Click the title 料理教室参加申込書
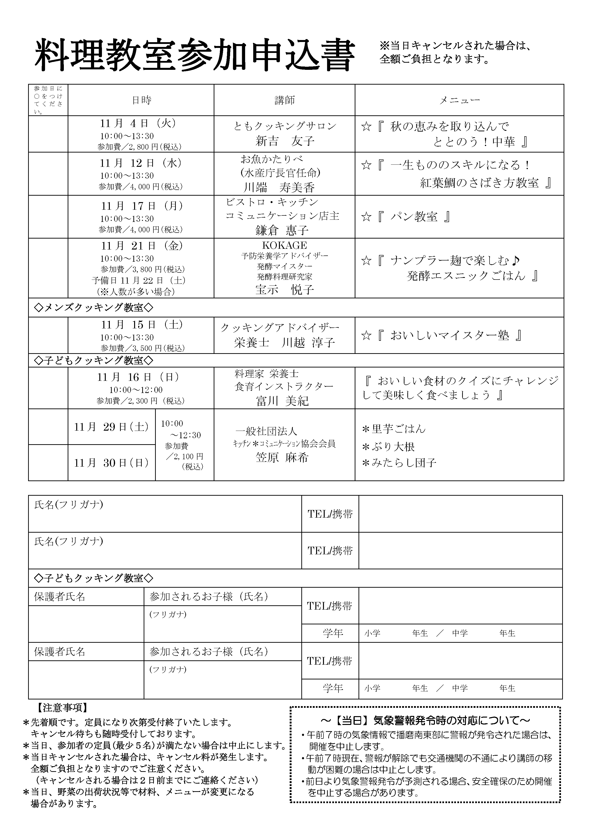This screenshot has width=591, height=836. [x=195, y=56]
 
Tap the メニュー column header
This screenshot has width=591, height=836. [x=459, y=100]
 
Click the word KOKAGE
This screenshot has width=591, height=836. [x=285, y=245]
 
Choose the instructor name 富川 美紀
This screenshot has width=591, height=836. [x=283, y=401]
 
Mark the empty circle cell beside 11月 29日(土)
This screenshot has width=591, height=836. [x=48, y=427]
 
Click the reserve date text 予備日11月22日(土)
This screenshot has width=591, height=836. [x=139, y=280]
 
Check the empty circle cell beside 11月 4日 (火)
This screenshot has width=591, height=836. [x=48, y=134]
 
